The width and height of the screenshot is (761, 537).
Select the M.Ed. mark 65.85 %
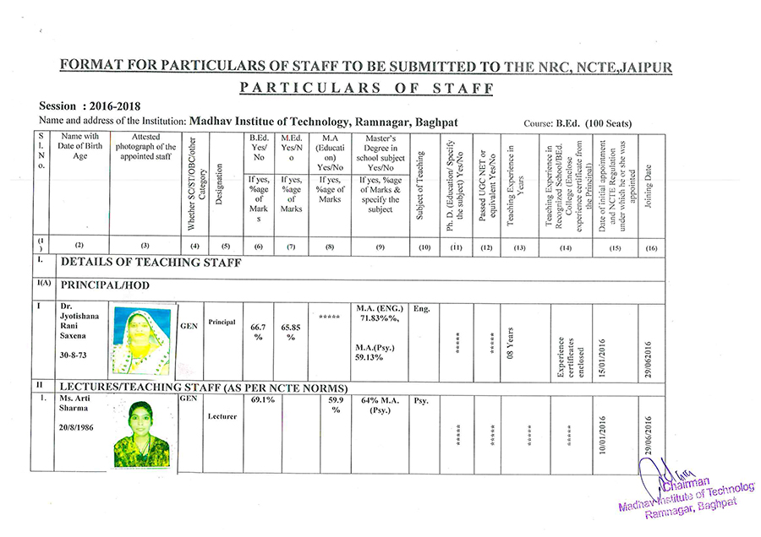point(291,331)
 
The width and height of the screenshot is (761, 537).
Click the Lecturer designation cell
point(224,416)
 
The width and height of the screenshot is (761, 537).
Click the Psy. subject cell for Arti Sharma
point(420,403)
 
